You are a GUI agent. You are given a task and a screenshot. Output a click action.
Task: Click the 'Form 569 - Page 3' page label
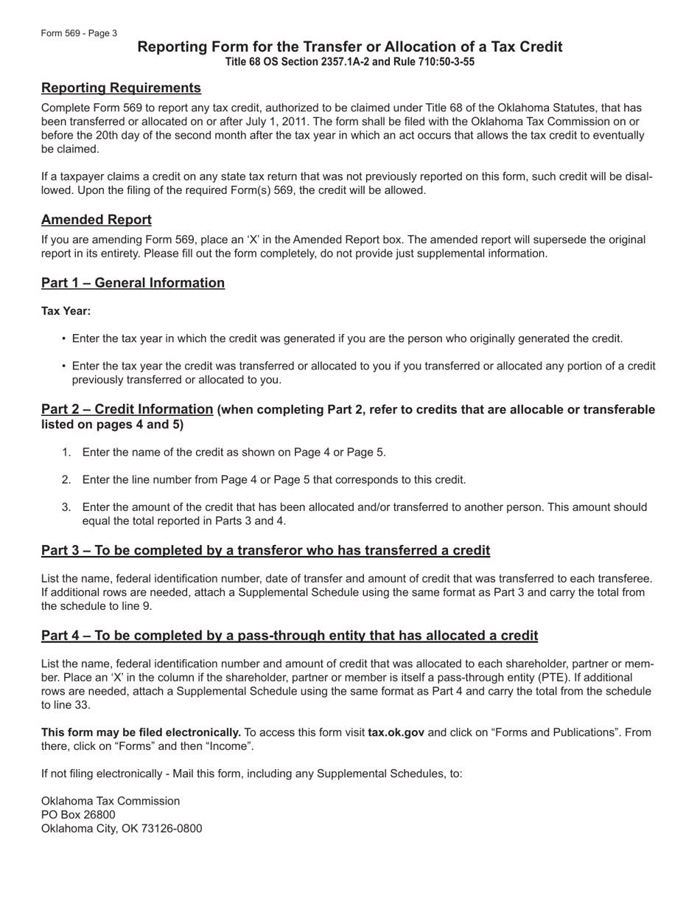79,33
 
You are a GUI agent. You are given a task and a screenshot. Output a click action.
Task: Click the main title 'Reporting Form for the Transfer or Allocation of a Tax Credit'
350,47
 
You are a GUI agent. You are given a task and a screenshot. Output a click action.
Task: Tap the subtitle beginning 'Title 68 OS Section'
350,62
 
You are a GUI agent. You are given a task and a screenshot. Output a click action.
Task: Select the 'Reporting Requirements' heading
121,88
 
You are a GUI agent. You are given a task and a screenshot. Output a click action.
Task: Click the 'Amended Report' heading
97,220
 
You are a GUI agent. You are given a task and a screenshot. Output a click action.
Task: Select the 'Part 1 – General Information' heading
133,283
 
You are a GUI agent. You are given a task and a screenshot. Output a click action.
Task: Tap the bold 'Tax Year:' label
66,311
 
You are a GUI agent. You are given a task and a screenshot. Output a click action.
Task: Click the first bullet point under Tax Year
64,339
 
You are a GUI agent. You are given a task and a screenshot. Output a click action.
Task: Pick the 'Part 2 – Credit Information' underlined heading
127,409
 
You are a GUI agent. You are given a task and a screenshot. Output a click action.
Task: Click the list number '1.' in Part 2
66,453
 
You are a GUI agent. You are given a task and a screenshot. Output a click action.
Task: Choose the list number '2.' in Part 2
66,480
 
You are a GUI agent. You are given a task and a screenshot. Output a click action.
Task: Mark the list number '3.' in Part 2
66,507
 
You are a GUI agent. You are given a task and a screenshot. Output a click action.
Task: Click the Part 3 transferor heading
265,551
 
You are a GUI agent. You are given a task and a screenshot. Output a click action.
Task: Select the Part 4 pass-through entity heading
290,636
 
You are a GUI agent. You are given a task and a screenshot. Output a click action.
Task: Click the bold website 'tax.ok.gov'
396,732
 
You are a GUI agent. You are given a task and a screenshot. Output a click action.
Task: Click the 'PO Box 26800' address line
78,815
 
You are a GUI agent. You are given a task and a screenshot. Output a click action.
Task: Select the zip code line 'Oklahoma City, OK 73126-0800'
122,828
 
